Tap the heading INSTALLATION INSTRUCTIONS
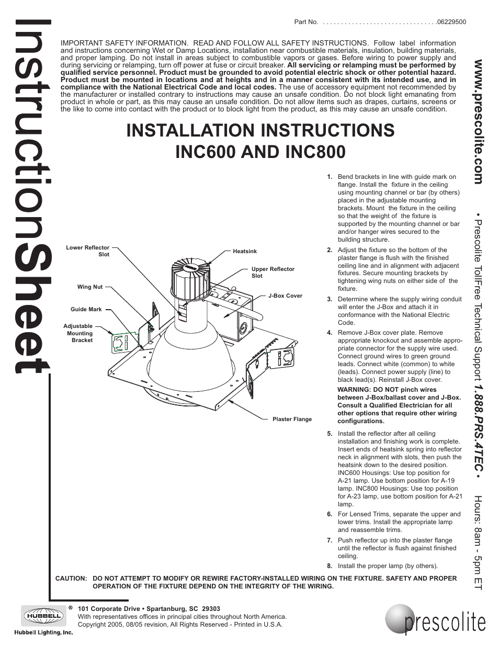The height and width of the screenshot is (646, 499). [x=260, y=130]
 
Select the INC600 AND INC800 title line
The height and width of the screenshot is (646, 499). [x=260, y=152]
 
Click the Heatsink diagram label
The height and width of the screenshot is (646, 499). [x=245, y=252]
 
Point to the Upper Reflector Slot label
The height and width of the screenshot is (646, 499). [x=273, y=273]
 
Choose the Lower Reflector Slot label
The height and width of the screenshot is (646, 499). [x=88, y=251]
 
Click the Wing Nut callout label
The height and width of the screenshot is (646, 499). [x=90, y=287]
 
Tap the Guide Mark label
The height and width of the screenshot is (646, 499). [x=86, y=310]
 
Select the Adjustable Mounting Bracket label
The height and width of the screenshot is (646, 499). [x=78, y=333]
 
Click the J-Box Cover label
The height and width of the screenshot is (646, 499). [x=285, y=296]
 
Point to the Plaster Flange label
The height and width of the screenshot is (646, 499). [x=292, y=419]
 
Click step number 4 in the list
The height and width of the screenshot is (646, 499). [x=330, y=333]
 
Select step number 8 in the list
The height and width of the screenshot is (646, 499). [x=330, y=566]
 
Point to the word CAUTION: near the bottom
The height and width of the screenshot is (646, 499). [x=71, y=579]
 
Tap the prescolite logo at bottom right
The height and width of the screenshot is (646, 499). [x=437, y=620]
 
